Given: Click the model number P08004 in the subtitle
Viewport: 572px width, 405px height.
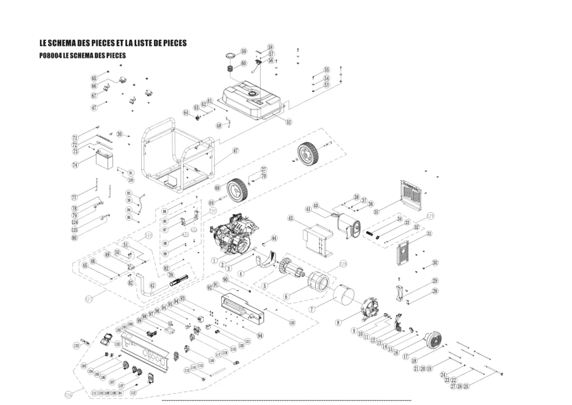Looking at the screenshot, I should pyautogui.click(x=50, y=55).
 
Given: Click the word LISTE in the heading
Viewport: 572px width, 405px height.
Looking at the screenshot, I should pyautogui.click(x=146, y=43).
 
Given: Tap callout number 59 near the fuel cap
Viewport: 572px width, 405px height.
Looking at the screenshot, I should pyautogui.click(x=244, y=51).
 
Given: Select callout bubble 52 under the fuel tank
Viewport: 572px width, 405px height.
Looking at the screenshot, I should pyautogui.click(x=289, y=122).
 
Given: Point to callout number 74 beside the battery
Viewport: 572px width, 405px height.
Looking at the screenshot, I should pyautogui.click(x=75, y=165).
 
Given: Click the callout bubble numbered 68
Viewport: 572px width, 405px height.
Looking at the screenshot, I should pyautogui.click(x=217, y=188).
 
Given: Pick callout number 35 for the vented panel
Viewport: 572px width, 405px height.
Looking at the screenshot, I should pyautogui.click(x=376, y=212).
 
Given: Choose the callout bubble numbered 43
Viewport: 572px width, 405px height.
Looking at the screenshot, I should pyautogui.click(x=291, y=218).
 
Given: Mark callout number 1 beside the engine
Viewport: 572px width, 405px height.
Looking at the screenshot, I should pyautogui.click(x=214, y=260).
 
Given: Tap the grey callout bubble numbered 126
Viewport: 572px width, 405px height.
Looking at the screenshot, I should pyautogui.click(x=68, y=394).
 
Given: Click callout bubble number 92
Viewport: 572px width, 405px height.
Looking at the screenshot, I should pyautogui.click(x=210, y=288).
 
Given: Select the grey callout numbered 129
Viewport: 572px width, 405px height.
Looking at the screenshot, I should pyautogui.click(x=430, y=216).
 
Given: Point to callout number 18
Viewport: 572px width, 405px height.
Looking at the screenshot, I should pyautogui.click(x=414, y=361).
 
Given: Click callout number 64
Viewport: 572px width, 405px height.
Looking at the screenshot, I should pyautogui.click(x=186, y=113).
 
